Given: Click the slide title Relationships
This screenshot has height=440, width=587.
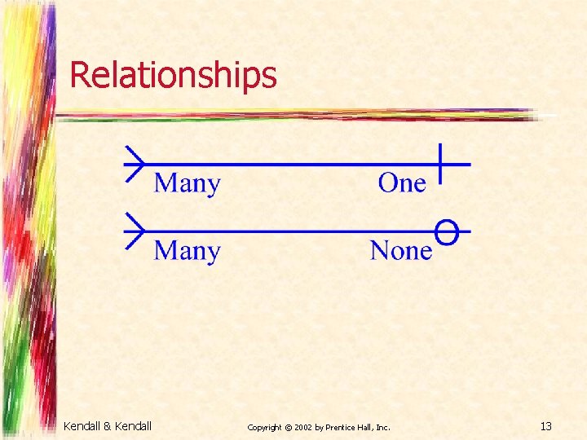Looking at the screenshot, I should [173, 75].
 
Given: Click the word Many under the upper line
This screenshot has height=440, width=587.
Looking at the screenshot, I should [187, 183].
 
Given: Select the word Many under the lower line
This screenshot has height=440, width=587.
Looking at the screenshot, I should [187, 250].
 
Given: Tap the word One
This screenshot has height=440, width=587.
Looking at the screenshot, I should [402, 183].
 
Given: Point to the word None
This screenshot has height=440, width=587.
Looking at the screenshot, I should [400, 250].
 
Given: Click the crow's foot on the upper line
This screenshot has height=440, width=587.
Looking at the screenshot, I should [134, 164].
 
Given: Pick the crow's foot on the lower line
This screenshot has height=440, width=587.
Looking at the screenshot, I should [134, 231].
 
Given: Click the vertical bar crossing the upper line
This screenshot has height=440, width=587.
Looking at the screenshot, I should [439, 163].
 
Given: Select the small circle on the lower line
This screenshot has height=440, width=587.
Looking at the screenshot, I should [445, 231].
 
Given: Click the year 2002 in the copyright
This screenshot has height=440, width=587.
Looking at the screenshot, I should [301, 426].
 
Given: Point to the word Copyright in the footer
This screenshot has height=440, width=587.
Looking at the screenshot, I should [263, 426].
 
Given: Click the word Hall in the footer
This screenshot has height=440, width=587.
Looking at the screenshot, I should [367, 426].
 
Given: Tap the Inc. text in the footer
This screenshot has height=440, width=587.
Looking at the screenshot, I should [383, 426].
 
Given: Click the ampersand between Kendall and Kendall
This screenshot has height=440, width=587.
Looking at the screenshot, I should [107, 425].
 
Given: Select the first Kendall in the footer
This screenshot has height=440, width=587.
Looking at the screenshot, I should [82, 425].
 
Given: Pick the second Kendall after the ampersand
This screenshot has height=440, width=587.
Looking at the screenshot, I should [133, 425].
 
